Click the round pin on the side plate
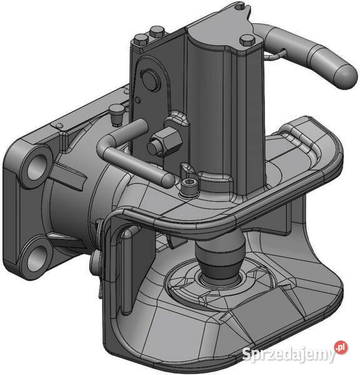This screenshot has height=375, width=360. (x=150, y=79)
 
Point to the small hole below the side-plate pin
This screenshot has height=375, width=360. (x=137, y=99)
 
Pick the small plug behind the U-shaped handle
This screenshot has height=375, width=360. (x=116, y=114)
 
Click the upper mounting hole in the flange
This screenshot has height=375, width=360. (x=36, y=166)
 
